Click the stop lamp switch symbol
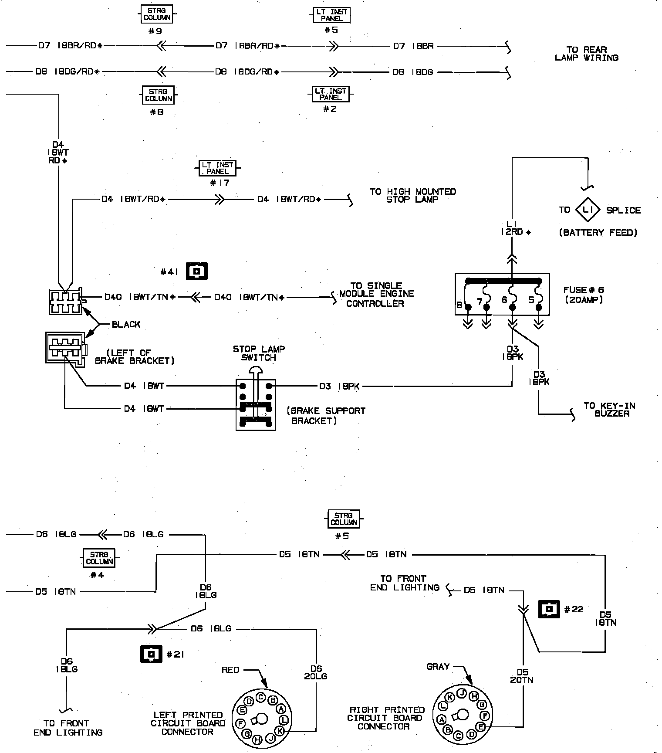pos(256,404)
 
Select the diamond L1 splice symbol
pos(588,210)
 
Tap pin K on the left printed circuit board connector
pos(280,730)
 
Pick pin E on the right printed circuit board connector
pos(481,726)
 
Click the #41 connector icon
pos(197,271)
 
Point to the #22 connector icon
pos(549,609)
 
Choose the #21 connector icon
pos(151,654)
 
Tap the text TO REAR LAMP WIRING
pos(586,54)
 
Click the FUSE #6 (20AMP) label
pos(584,295)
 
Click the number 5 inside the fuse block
pos(531,300)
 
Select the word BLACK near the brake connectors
pos(126,324)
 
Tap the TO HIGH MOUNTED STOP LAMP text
pos(412,196)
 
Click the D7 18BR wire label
pos(413,46)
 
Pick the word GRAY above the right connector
pos(438,667)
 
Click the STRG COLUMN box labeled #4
pos(99,558)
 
